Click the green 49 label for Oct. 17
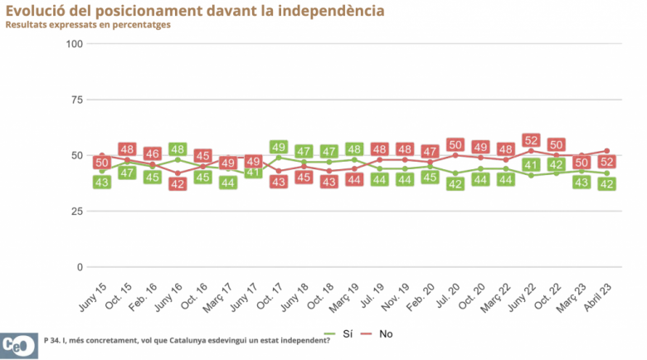click(x=279, y=148)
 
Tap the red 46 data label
click(x=153, y=154)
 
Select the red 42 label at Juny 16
click(x=178, y=183)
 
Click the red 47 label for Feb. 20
click(x=430, y=153)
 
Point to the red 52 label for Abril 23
click(x=607, y=161)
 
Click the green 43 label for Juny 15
click(x=103, y=182)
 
